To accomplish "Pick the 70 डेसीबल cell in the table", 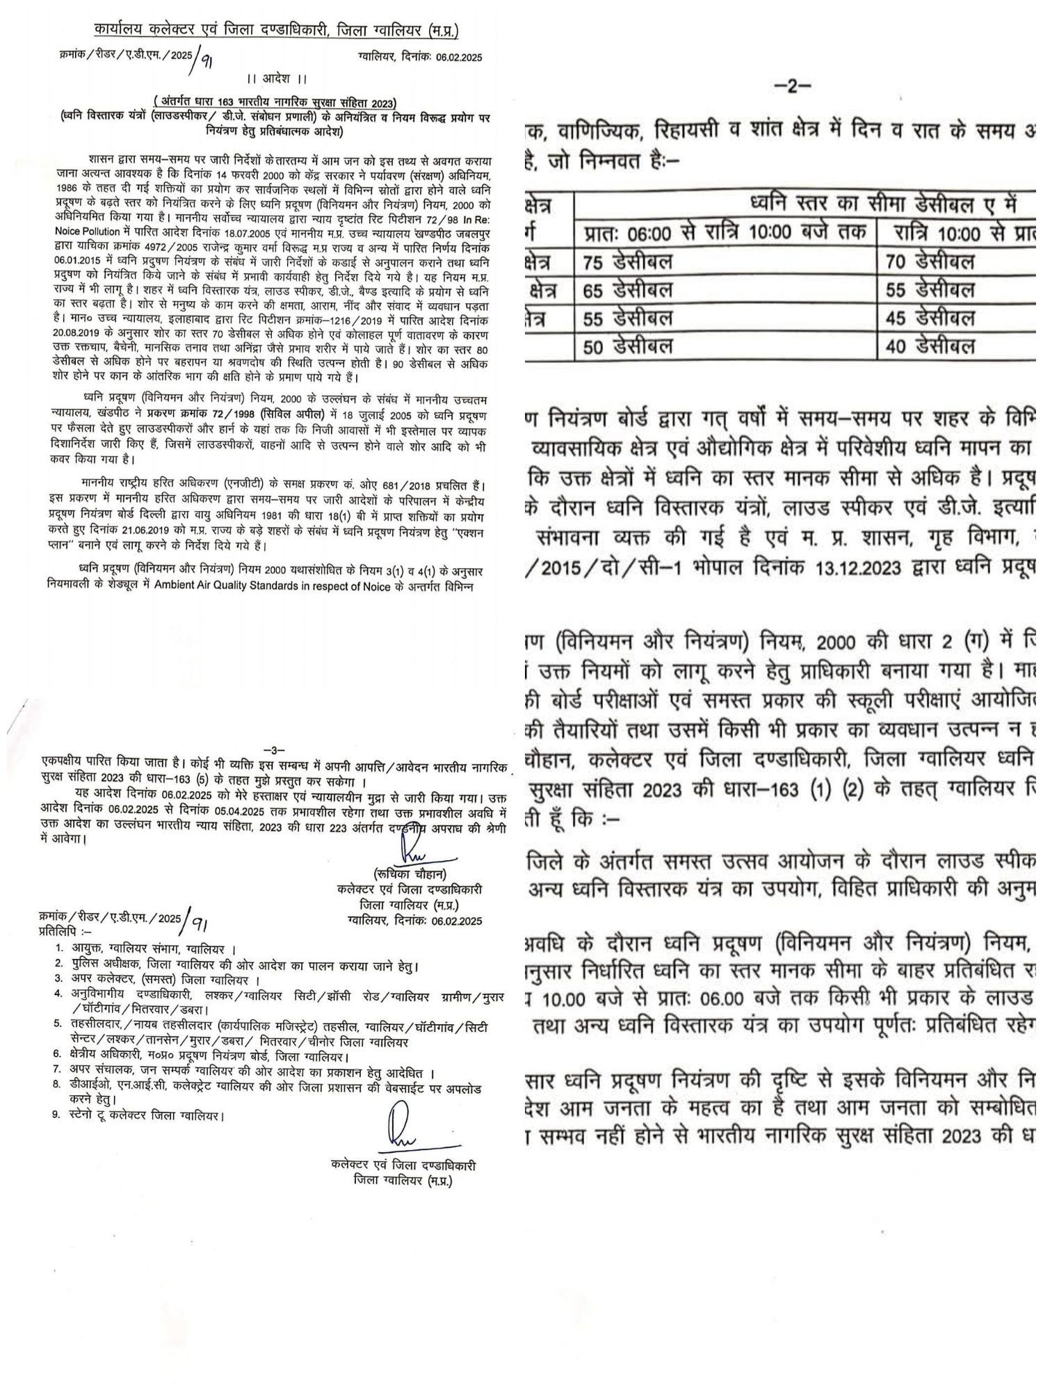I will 931,261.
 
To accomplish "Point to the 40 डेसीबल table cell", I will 931,346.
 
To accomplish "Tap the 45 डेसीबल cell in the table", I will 931,318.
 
